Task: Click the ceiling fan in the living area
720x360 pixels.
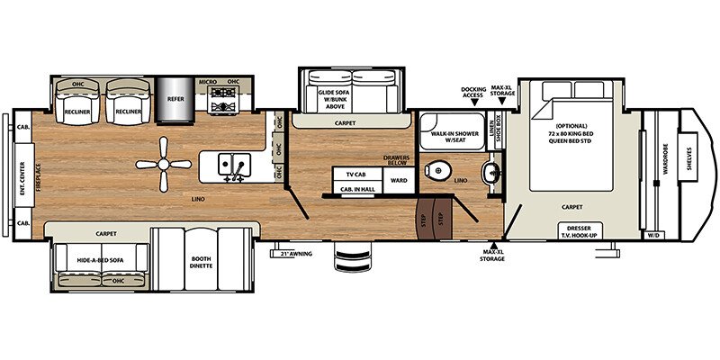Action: point(163,164)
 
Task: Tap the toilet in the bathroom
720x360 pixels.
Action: point(438,169)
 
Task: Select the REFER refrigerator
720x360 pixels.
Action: point(174,98)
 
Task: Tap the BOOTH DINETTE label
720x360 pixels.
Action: point(200,262)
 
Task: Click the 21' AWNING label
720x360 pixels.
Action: point(295,254)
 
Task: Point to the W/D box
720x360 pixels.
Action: point(652,236)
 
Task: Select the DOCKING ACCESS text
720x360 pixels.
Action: point(474,93)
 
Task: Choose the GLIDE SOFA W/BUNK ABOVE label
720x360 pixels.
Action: point(331,97)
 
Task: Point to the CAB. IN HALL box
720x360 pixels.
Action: point(356,189)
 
